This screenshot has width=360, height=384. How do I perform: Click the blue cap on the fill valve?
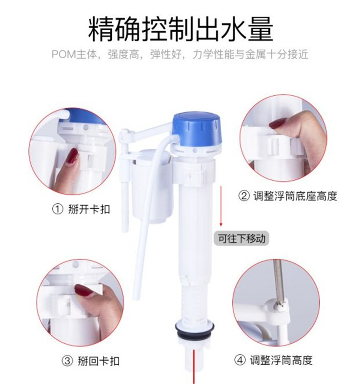tap(197, 128)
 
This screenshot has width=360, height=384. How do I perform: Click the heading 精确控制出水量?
tap(180, 29)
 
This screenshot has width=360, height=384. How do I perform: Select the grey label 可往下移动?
tap(241, 238)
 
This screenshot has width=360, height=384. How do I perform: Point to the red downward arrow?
tap(221, 206)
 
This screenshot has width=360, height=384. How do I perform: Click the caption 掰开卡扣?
tap(89, 210)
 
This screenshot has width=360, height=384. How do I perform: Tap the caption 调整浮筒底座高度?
tap(295, 196)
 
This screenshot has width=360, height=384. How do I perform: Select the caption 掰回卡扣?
tap(98, 361)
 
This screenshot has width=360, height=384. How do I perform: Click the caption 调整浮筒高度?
tap(281, 360)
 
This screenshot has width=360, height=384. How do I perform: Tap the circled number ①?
tap(58, 210)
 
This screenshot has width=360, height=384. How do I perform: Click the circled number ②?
tap(244, 196)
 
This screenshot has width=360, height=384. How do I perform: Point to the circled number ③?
tap(67, 361)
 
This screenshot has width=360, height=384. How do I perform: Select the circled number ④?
tap(240, 360)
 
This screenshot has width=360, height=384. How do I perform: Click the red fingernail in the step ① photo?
tap(73, 156)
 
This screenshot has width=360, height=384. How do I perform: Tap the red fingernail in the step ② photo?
tap(277, 123)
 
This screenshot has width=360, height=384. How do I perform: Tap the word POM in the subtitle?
tap(63, 54)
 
